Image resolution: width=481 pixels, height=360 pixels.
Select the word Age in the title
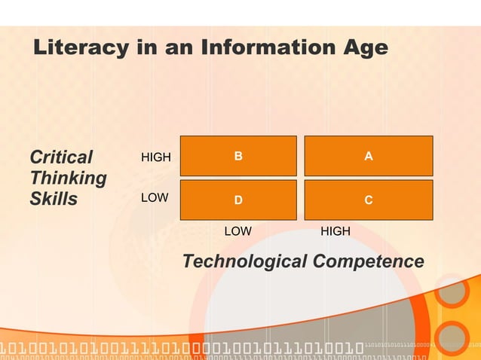point(363,48)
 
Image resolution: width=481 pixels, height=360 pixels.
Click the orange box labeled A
point(368,156)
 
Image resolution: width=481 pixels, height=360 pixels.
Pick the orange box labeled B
point(238,156)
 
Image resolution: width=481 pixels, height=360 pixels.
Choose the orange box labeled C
point(368,200)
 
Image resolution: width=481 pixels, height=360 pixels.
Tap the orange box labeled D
point(238,200)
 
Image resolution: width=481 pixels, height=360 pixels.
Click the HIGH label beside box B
point(156,157)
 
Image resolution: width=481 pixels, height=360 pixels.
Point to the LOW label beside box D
point(155,197)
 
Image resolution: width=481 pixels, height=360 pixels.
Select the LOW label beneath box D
point(238,231)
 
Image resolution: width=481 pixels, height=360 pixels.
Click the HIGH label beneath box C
point(335,231)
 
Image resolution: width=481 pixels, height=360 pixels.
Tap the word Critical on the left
point(60,157)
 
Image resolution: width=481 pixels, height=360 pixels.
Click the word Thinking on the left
point(68,178)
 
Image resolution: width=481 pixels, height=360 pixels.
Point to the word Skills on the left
point(54,199)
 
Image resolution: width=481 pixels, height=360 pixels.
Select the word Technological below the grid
point(245,261)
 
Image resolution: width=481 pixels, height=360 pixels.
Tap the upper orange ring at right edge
point(452,292)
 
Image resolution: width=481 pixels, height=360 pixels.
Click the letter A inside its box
point(368,156)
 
